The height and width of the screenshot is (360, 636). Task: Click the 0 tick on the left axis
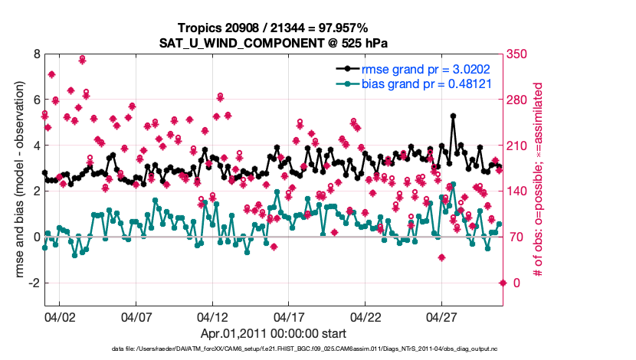(37, 237)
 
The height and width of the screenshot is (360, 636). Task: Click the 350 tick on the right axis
(517, 54)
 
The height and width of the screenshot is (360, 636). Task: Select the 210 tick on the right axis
(517, 146)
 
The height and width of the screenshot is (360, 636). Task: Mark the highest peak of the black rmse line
(454, 116)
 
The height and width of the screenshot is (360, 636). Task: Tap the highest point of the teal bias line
(453, 184)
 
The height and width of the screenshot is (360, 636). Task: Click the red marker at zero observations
(503, 283)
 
